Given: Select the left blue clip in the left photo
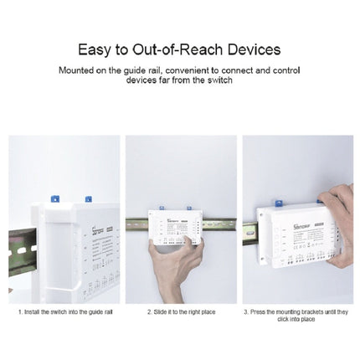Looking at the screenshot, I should coord(53,200).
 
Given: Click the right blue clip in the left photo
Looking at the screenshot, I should coord(87,199).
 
